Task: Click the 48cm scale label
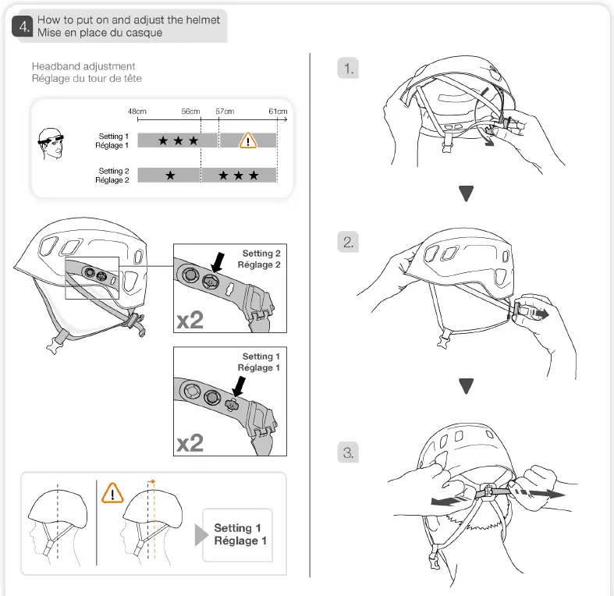click(x=137, y=112)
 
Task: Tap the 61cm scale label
click(x=278, y=112)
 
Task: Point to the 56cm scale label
click(x=191, y=112)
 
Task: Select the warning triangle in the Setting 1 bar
click(x=247, y=140)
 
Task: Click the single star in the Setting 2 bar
click(x=170, y=176)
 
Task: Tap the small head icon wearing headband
click(x=51, y=143)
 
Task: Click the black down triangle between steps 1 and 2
click(x=467, y=193)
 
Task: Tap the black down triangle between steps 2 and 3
click(x=467, y=386)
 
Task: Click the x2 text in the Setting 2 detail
click(x=191, y=320)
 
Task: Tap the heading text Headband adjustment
click(x=83, y=66)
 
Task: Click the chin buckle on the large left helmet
click(x=57, y=344)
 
